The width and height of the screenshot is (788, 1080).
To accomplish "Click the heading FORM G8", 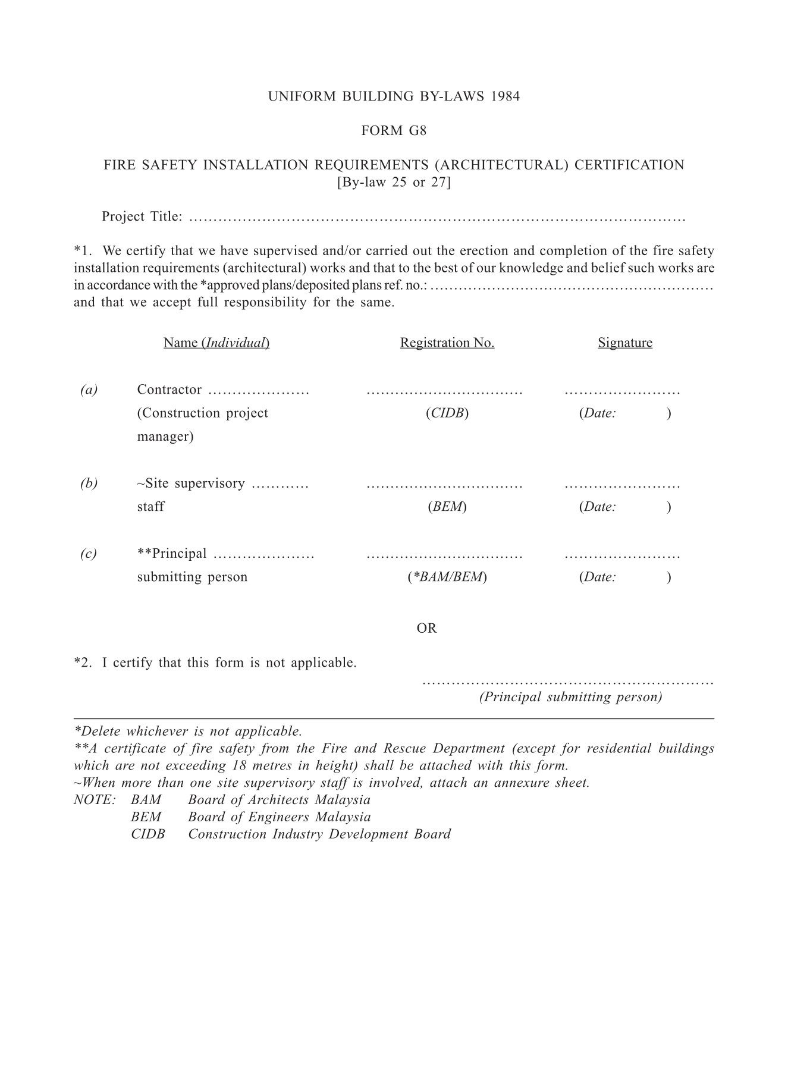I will pos(394,131).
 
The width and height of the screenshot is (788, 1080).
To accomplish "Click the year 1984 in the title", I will pos(506,96).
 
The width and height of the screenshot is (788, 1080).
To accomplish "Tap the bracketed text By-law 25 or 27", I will pos(394,183).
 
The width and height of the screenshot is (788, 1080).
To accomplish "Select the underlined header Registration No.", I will pos(447,343).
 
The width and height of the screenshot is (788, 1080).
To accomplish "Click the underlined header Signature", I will pos(624,343).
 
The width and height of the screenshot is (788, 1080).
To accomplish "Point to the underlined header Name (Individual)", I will pos(216,343).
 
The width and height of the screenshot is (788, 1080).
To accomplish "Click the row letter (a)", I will pos(89,390).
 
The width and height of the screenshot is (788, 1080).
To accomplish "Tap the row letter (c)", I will pos(89,554).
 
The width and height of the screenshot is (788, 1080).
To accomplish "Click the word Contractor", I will pos(169,390).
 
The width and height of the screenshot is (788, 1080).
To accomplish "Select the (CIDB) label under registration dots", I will pos(447,413).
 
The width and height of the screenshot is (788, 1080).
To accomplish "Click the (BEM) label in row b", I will pos(447,507).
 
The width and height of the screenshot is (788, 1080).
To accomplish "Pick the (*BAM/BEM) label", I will pos(447,577).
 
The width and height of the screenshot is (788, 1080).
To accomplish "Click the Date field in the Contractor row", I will pos(624,413).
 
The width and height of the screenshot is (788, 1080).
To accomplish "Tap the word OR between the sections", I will pos(426,629).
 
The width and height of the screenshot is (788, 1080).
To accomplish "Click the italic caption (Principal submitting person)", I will pos(570,698).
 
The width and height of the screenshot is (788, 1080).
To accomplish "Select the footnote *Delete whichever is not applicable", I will pos(188,731).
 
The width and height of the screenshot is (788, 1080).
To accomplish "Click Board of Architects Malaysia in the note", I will pos(279,800).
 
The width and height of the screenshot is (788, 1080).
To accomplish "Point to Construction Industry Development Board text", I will pos(319,834).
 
